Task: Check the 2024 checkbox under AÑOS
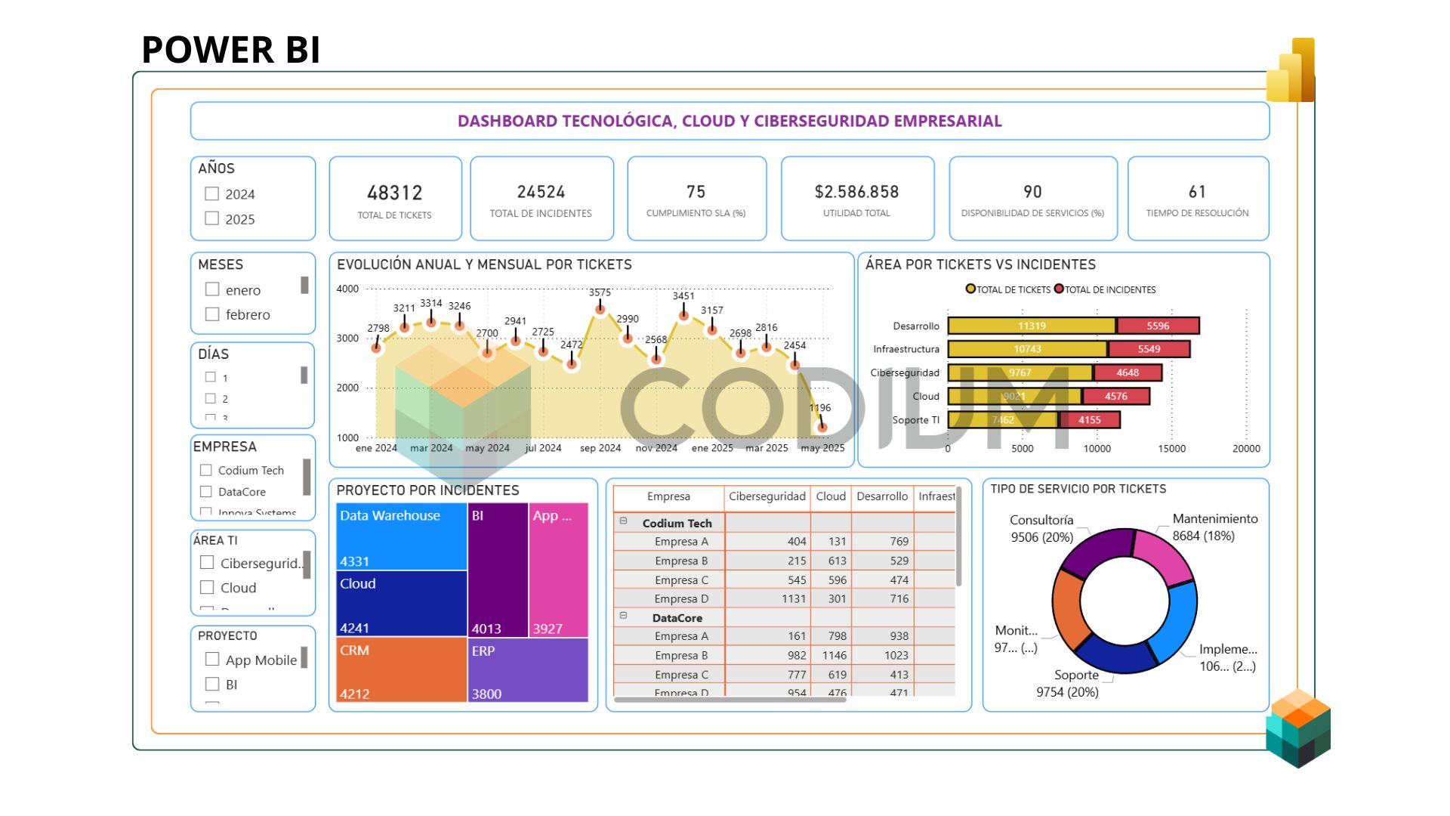[212, 194]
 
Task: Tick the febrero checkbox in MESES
[212, 314]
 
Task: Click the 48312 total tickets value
[394, 193]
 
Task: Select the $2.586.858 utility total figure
[856, 192]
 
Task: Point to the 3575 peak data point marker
[600, 309]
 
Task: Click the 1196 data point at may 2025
[822, 427]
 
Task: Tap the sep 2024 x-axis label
[600, 448]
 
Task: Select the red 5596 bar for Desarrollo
[1158, 326]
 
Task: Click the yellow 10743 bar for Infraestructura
[1027, 349]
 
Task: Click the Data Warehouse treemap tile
[401, 536]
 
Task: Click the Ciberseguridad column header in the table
[767, 496]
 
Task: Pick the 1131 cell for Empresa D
[793, 598]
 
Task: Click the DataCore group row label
[677, 618]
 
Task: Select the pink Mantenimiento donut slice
[1162, 556]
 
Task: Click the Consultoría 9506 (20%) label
[1041, 528]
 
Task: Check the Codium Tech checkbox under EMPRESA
[205, 470]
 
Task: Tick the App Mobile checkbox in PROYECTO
[212, 660]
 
